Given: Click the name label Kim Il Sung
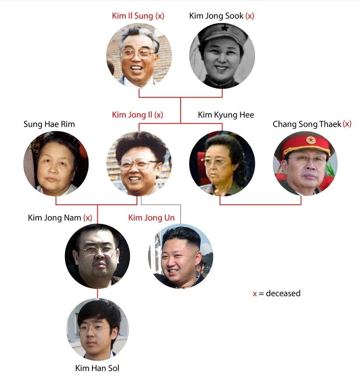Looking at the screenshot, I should pos(133,16).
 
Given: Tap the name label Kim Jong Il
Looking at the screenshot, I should pos(132,115).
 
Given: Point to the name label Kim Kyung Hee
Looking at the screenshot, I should pos(226,115).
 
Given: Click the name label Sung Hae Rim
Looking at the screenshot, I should pos(49,125).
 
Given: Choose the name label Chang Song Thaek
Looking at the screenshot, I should pos(307,125).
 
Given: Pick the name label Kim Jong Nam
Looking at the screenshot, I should pos(54,218).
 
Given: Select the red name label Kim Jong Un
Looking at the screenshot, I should pos(151,218).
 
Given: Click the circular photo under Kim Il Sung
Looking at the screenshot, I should pos(139,56).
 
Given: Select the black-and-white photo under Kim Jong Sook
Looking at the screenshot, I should pos(222,56).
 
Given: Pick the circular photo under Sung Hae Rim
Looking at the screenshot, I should pos(56,163).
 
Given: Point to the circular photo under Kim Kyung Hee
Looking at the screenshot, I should pos(222,163).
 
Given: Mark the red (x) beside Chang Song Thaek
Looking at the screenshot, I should pos(347,124).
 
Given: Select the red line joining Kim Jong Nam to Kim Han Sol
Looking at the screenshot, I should pos(97,293).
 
